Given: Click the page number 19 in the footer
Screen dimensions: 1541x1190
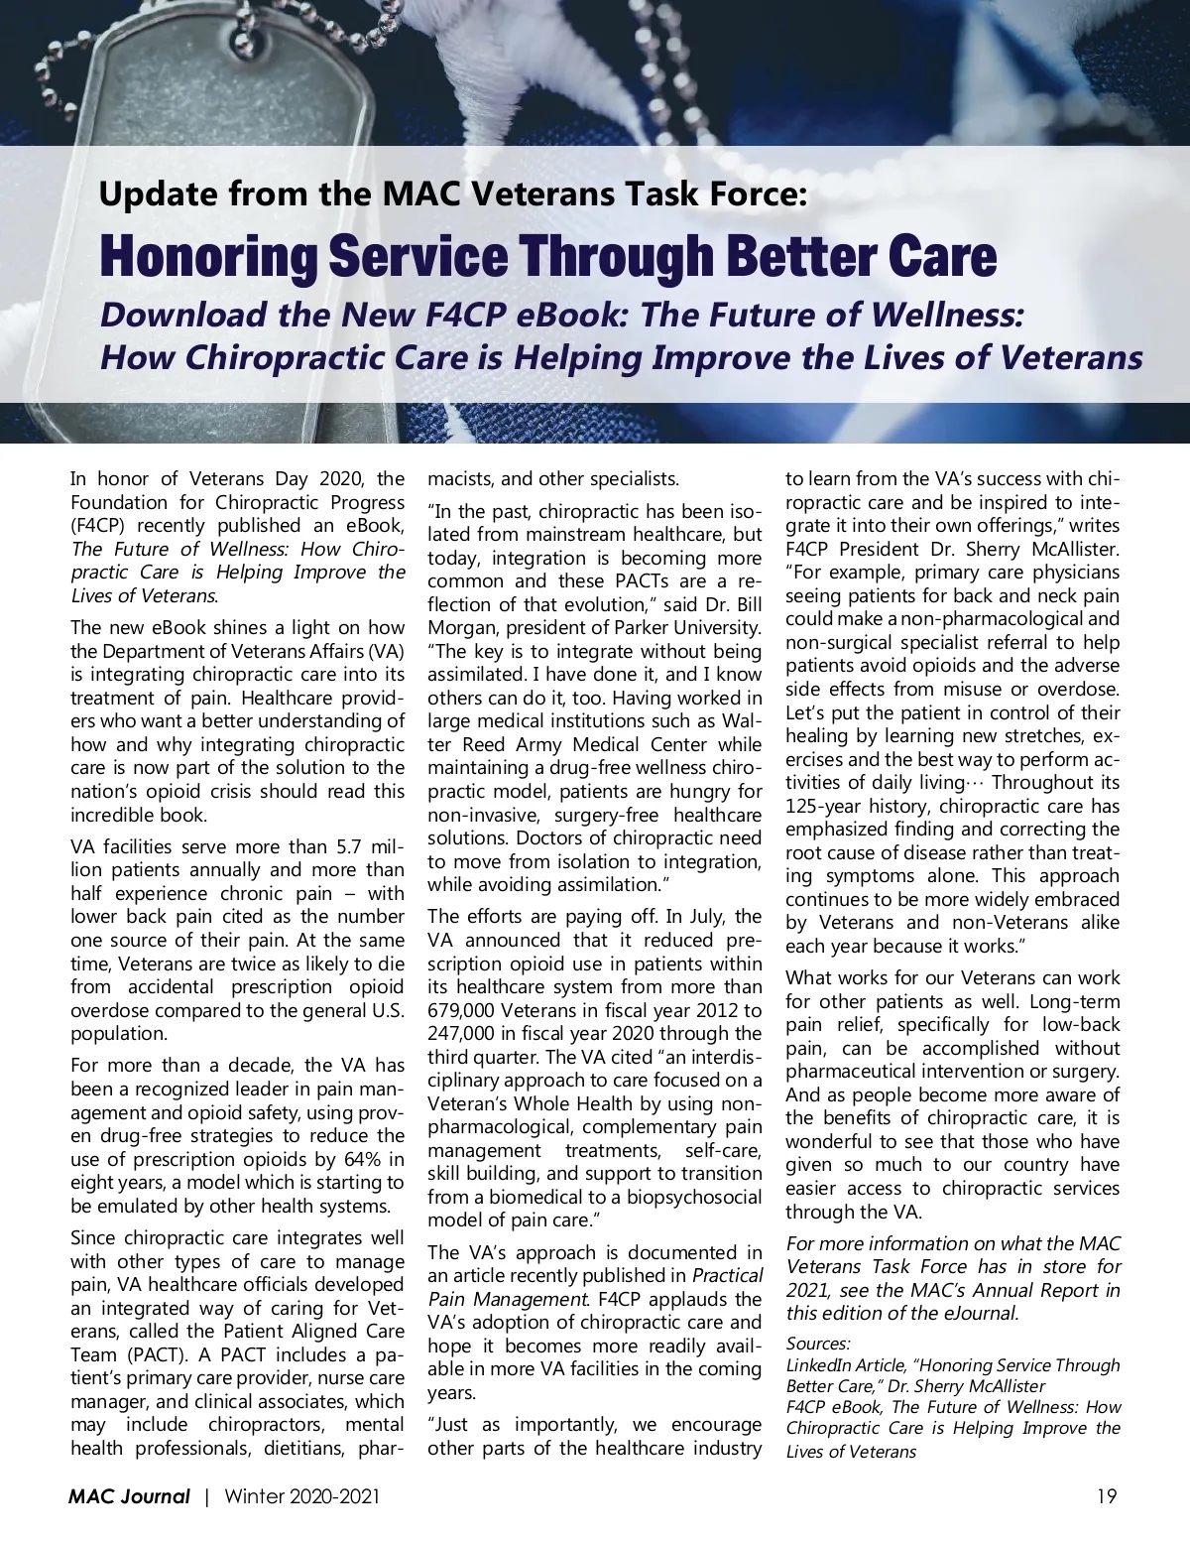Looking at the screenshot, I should (1107, 1496).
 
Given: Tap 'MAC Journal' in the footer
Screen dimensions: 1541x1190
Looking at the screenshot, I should (129, 1496).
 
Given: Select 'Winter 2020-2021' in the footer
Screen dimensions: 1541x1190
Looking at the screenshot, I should (301, 1496).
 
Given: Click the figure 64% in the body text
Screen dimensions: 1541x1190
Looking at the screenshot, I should (358, 1159).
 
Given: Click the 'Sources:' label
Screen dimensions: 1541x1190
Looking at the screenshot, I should (818, 1344).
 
